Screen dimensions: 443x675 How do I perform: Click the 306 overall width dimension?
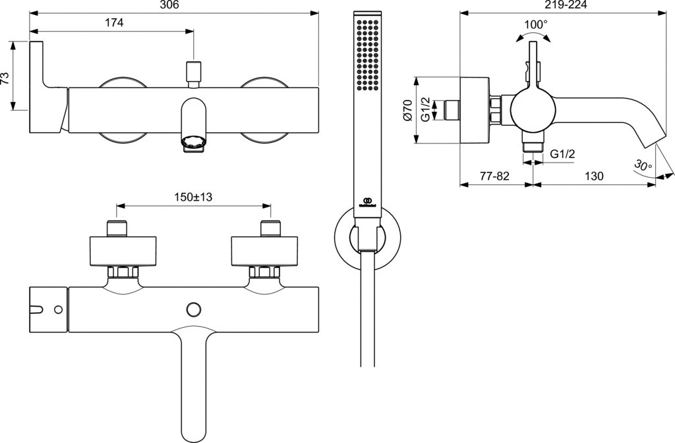170,5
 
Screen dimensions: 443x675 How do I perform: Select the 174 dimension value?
115,22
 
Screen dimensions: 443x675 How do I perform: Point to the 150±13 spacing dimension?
192,196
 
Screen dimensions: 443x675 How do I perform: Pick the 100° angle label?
535,24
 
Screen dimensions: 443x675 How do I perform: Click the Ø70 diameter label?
407,110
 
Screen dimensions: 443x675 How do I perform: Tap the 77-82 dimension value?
494,176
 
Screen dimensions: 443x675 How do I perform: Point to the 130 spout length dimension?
594,176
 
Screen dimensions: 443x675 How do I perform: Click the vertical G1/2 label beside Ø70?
426,109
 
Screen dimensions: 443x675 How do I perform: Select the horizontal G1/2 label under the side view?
563,154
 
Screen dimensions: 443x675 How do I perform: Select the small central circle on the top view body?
194,309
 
